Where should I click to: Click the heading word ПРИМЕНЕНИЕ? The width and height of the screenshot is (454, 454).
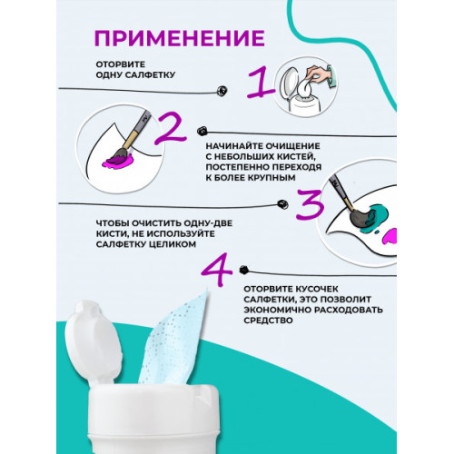pyautogui.click(x=179, y=37)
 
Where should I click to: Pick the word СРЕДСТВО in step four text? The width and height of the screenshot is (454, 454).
pyautogui.click(x=270, y=321)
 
